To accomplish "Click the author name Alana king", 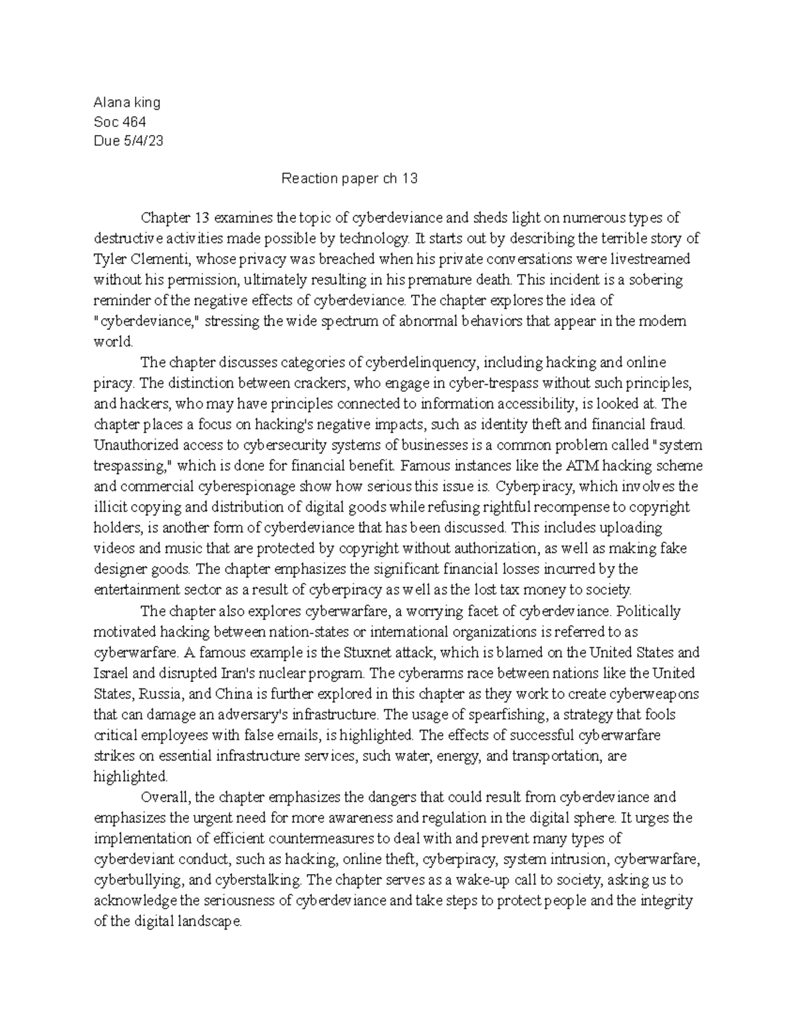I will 127,102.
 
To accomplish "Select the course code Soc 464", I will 120,122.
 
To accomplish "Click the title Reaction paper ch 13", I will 350,179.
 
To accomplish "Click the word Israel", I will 111,673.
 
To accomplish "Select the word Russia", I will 161,694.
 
